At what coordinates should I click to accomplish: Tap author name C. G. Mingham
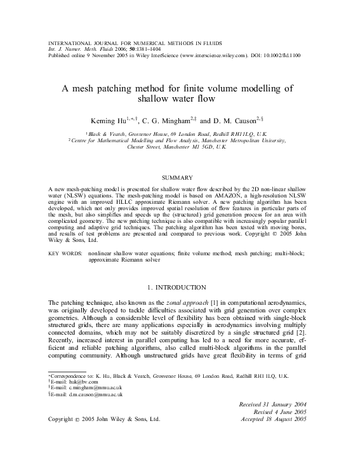[x=171, y=119]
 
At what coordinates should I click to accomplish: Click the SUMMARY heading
[x=180, y=178]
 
